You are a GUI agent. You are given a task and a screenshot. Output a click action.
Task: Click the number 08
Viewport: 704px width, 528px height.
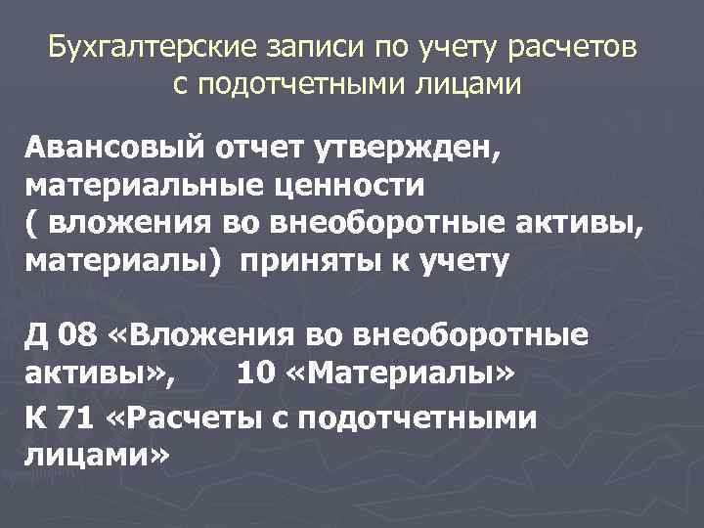pyautogui.click(x=78, y=335)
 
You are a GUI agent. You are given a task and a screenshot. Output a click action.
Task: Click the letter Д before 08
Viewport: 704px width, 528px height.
pyautogui.click(x=36, y=335)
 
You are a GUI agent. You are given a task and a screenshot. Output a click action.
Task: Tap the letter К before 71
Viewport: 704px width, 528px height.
pyautogui.click(x=36, y=418)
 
